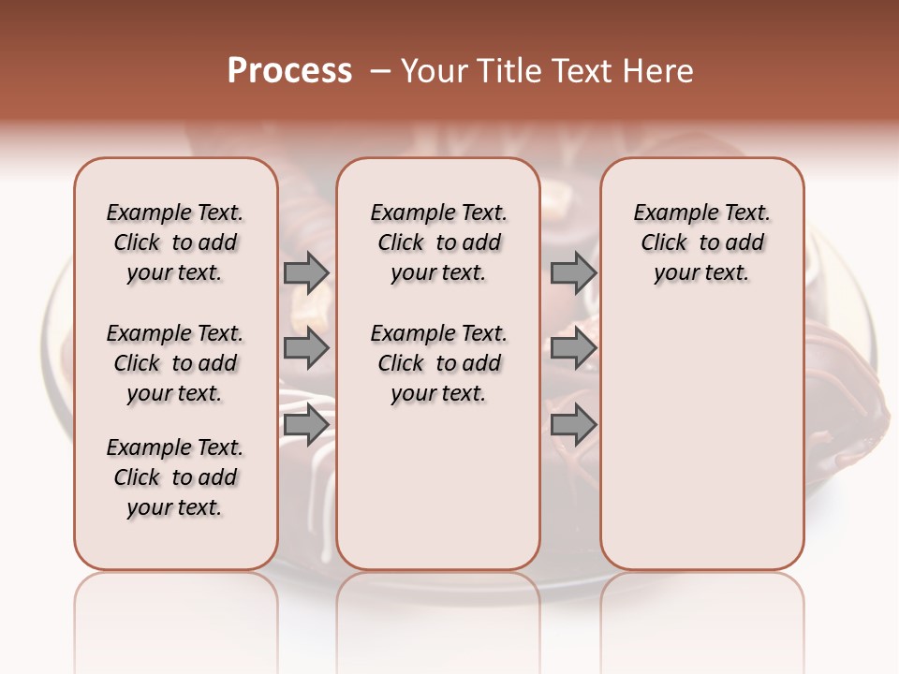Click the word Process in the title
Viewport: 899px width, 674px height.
click(289, 71)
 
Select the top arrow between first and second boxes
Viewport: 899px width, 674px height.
click(306, 272)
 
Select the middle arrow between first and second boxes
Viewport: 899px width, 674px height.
click(306, 349)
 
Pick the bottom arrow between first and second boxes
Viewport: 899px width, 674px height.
click(306, 425)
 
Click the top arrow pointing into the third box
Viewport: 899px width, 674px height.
click(573, 272)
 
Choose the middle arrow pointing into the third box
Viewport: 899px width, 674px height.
click(573, 349)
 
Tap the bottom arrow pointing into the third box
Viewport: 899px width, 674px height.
click(573, 425)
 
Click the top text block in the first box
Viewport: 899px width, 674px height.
click(175, 242)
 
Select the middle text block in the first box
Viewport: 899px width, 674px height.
click(175, 363)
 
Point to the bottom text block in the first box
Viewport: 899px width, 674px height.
click(175, 477)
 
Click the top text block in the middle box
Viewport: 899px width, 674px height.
click(438, 242)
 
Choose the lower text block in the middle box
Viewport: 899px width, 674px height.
click(438, 363)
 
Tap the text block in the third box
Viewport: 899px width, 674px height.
click(701, 242)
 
